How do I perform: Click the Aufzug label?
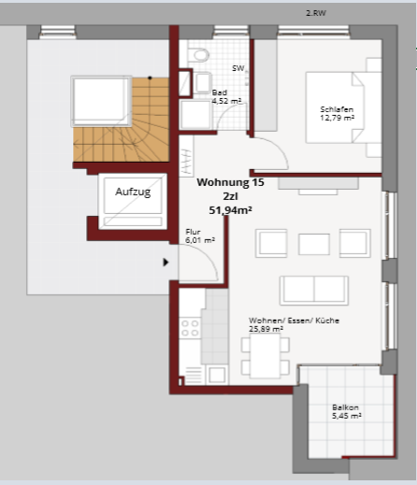(x=133, y=192)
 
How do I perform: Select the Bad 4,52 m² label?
(x=226, y=97)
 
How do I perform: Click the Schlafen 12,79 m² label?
(x=337, y=114)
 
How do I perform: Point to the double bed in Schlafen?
(x=343, y=107)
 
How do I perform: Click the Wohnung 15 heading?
(x=230, y=182)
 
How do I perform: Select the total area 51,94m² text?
(x=230, y=210)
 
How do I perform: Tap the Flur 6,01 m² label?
(x=200, y=236)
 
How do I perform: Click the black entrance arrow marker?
(x=165, y=263)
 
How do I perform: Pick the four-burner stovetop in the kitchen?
(x=190, y=328)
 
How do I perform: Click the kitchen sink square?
(x=217, y=375)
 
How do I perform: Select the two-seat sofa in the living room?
(x=314, y=291)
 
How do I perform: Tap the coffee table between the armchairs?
(x=314, y=244)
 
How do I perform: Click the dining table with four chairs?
(x=266, y=355)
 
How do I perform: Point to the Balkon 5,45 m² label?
(x=347, y=411)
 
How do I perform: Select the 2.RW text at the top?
(x=316, y=13)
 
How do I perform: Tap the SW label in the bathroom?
(x=238, y=68)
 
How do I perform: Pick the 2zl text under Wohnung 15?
(x=230, y=196)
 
